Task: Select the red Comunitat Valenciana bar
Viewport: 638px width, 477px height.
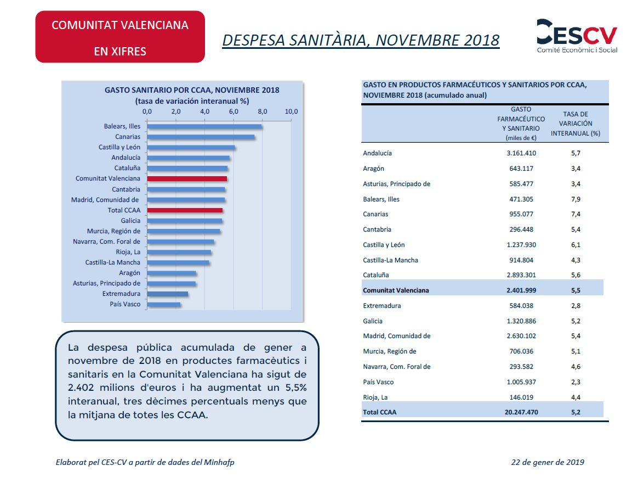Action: point(187,178)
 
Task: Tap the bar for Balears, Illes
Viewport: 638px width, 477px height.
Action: point(204,126)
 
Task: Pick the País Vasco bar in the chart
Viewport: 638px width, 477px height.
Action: point(163,304)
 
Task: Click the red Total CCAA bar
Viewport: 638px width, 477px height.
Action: point(185,210)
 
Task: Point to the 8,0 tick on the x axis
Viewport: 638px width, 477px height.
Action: point(263,111)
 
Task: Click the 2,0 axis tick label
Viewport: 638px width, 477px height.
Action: point(176,111)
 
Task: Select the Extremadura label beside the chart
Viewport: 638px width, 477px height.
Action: point(121,294)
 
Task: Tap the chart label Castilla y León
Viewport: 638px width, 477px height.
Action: point(119,147)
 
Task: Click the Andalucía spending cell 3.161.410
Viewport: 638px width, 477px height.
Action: point(521,153)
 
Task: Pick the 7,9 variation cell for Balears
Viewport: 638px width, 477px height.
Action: point(576,199)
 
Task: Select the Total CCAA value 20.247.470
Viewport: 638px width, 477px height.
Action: point(521,412)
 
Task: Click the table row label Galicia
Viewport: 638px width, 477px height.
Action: point(373,321)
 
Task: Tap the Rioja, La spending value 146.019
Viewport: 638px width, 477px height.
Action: point(521,397)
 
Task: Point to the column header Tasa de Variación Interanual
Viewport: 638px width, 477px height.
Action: point(576,124)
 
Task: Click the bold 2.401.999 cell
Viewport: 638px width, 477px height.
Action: point(521,290)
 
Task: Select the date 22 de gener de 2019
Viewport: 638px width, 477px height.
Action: point(548,462)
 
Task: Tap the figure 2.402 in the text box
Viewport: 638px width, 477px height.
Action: point(81,388)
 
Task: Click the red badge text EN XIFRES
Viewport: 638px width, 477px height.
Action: point(120,52)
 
